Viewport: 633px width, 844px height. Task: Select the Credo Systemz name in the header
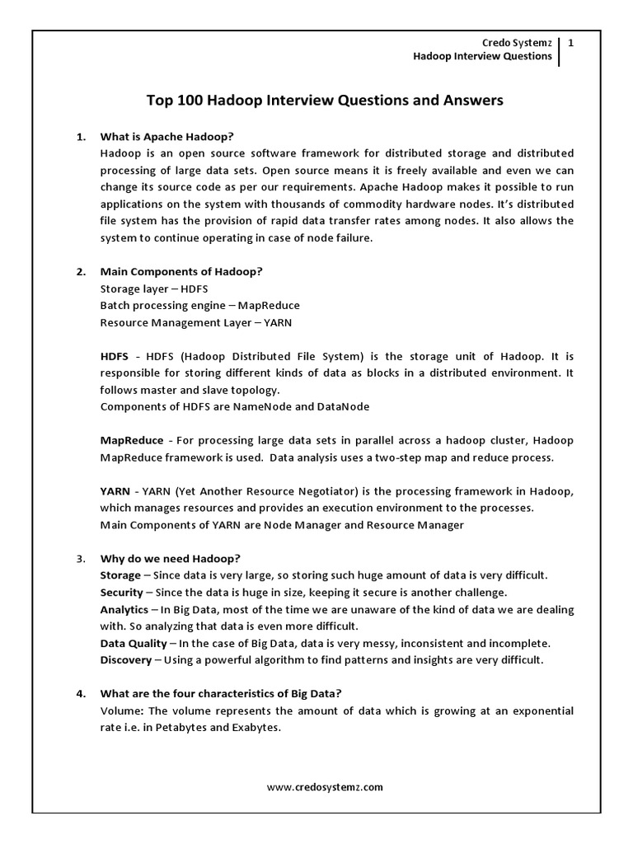pyautogui.click(x=513, y=43)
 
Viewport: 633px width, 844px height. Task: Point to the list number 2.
pyautogui.click(x=81, y=271)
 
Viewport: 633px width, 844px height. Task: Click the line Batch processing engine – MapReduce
pyautogui.click(x=199, y=305)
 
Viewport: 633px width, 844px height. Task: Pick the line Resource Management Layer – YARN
pyautogui.click(x=196, y=322)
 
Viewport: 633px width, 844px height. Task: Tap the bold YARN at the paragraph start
pyautogui.click(x=115, y=491)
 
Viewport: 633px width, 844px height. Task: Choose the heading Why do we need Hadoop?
pyautogui.click(x=170, y=558)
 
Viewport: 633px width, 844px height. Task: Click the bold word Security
pyautogui.click(x=121, y=593)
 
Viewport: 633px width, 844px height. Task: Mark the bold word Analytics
pyautogui.click(x=124, y=609)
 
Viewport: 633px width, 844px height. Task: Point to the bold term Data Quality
pyautogui.click(x=134, y=643)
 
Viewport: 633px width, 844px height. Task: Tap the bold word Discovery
pyautogui.click(x=125, y=659)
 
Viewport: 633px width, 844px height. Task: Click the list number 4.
pyautogui.click(x=81, y=693)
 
